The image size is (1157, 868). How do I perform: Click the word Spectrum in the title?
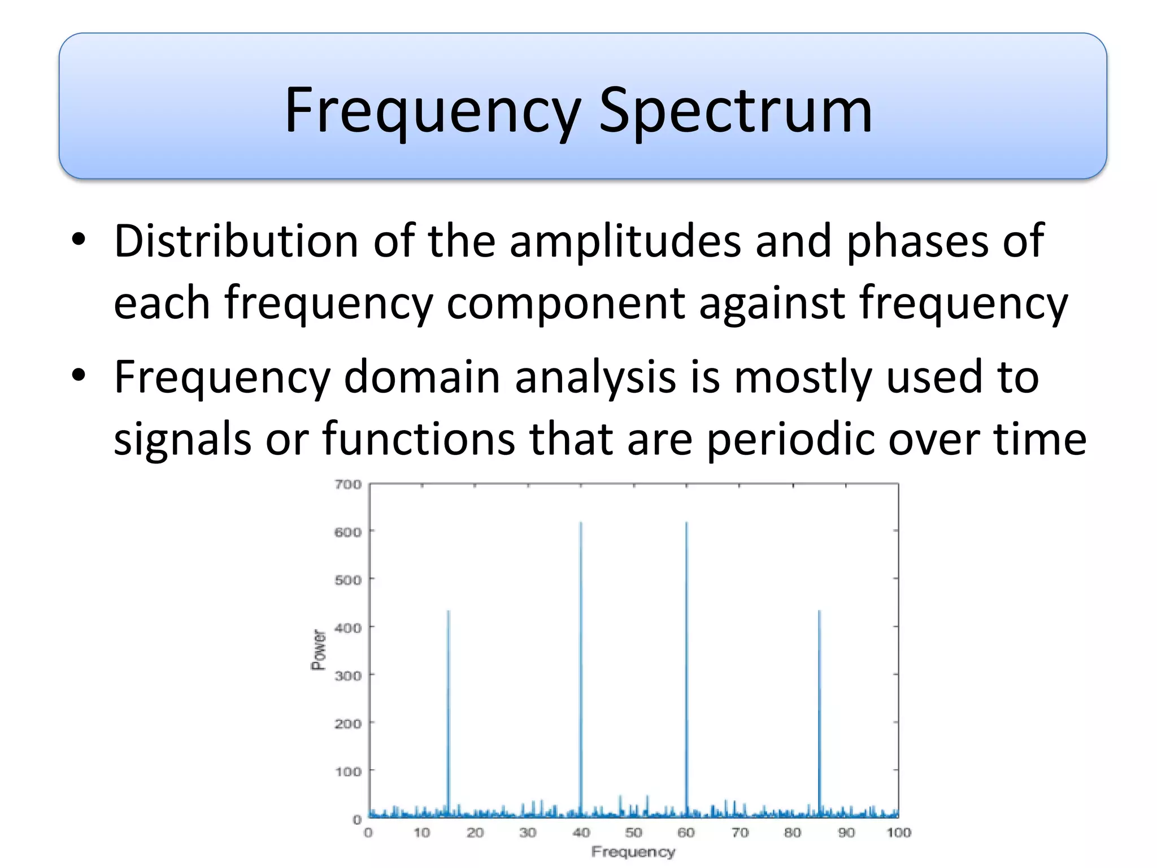735,111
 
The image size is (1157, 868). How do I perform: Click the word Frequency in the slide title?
432,111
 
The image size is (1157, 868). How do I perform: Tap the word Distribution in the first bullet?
236,241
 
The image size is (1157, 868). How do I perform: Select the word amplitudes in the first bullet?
625,241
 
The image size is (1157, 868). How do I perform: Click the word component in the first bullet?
566,303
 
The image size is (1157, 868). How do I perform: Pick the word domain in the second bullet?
421,377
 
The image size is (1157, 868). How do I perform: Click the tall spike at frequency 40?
581,667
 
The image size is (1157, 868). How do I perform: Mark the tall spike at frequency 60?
686,667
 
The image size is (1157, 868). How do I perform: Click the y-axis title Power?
319,650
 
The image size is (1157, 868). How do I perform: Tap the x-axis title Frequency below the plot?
633,852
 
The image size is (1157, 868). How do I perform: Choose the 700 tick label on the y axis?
348,484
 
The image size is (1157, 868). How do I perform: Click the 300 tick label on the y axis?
348,675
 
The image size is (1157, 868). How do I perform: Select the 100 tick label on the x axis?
898,832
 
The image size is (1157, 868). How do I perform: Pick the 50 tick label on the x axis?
633,832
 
